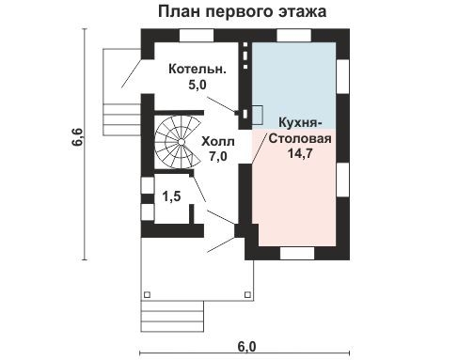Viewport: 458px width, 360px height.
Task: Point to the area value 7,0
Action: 218,157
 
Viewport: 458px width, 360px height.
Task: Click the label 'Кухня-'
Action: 301,123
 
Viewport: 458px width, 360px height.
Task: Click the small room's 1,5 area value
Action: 170,197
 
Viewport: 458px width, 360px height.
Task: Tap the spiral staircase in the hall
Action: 175,143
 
